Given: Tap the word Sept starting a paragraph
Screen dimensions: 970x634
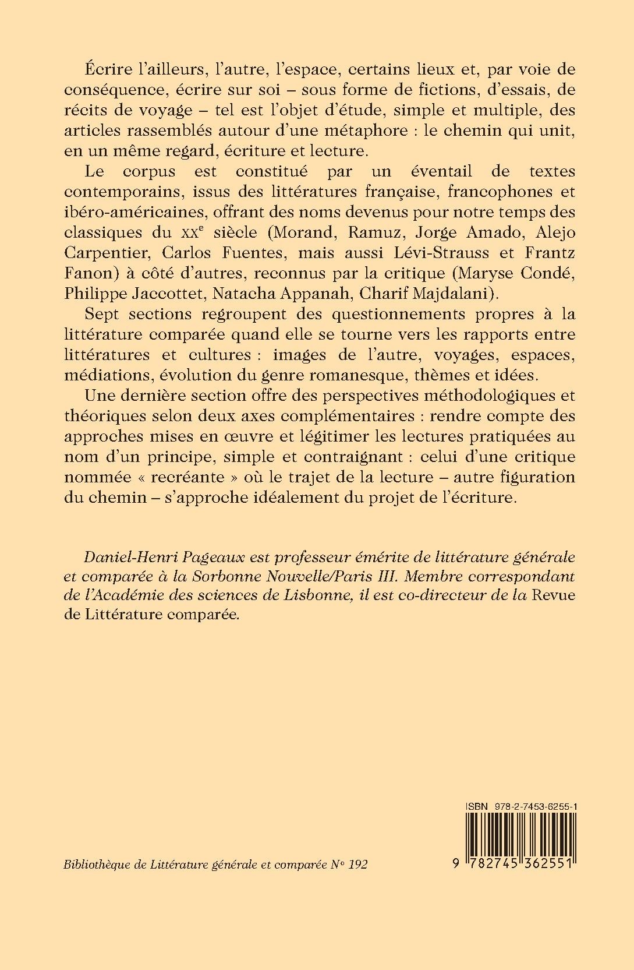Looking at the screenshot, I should (101, 314).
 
